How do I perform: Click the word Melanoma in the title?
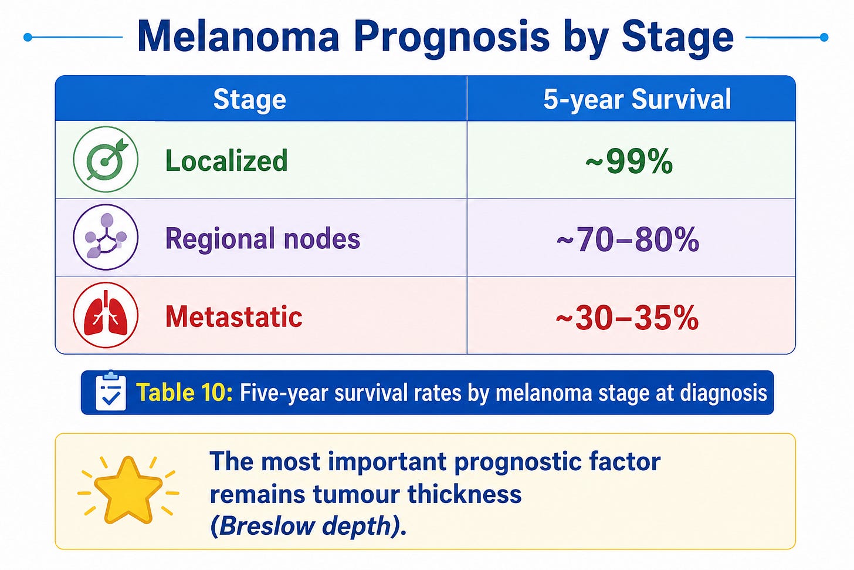point(238,37)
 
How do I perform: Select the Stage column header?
point(250,100)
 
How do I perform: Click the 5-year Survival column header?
point(637,99)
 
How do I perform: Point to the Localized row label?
point(226,161)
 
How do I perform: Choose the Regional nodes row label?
point(263,238)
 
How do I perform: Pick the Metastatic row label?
point(233,316)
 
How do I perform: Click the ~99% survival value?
point(629,161)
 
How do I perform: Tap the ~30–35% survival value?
point(627,318)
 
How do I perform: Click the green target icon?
point(106,159)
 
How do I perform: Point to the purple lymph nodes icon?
point(106,237)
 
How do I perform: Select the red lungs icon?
point(106,315)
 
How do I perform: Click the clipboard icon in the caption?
point(110,391)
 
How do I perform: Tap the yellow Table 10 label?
point(185,392)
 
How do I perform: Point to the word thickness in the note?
point(465,494)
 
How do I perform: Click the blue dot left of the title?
point(28,37)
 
